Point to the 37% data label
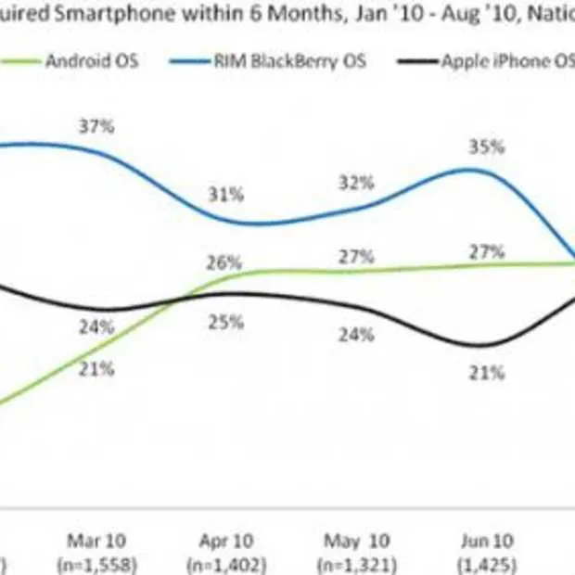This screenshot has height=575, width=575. coord(97,126)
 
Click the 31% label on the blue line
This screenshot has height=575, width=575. coord(225,195)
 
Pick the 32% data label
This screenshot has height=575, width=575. coord(357,182)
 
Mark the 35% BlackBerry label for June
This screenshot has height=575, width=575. coord(486,147)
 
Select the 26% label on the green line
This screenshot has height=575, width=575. coord(225,262)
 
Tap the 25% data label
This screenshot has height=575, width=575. coord(225,322)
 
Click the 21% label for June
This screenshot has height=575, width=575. coord(486,373)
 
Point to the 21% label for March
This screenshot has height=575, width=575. coord(96,368)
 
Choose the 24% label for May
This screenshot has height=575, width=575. coord(356,334)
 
